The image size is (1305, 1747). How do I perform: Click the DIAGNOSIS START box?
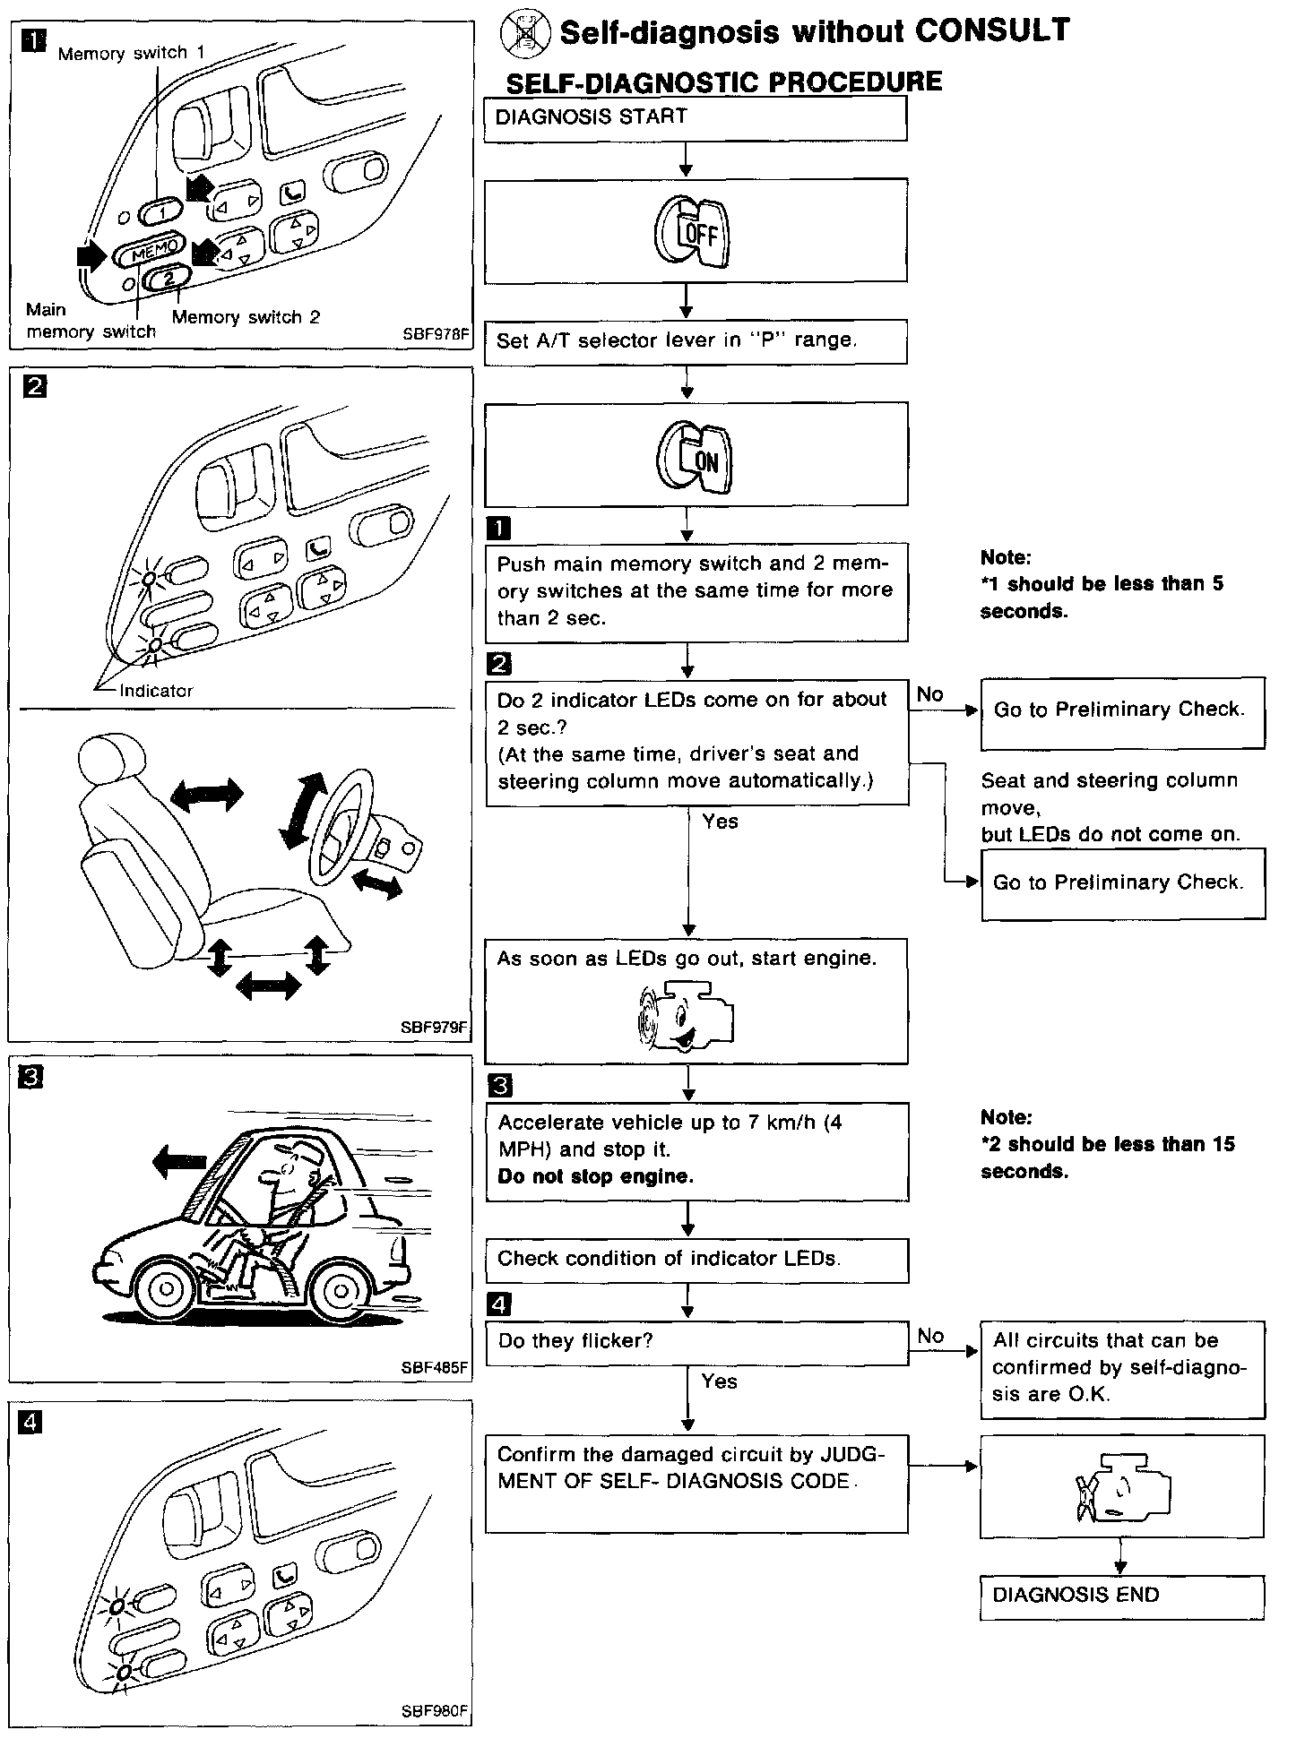(x=695, y=118)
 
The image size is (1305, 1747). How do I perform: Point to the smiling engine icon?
(x=686, y=1018)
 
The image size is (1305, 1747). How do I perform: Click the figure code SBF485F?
(x=435, y=1367)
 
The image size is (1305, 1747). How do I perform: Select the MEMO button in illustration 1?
(x=149, y=251)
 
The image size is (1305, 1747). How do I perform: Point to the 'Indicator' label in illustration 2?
(x=156, y=691)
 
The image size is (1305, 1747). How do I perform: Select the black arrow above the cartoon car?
(x=180, y=1163)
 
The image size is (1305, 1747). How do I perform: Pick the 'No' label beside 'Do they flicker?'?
(x=930, y=1336)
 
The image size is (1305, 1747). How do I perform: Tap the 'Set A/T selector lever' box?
(x=696, y=341)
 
